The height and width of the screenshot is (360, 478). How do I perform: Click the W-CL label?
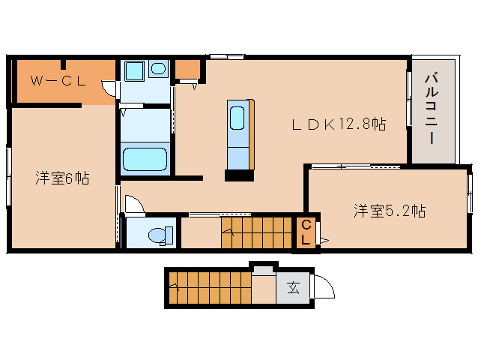coord(58,81)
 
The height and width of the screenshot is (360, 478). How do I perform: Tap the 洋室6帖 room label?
coord(62,178)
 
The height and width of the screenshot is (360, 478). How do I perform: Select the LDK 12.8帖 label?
coord(339,124)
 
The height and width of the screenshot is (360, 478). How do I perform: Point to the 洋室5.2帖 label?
coord(390,211)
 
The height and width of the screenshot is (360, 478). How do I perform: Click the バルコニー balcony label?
coord(432,109)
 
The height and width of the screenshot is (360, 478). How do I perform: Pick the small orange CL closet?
coord(306,232)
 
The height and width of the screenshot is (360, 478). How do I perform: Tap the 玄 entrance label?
coord(293,288)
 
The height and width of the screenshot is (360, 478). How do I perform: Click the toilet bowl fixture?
coord(160,235)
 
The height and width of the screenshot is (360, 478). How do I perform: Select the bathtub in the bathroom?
coord(145,159)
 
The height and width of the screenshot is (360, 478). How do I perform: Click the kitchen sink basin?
coord(237,118)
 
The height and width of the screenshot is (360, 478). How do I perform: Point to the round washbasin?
coord(158,69)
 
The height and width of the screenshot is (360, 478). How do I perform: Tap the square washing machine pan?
coord(134,70)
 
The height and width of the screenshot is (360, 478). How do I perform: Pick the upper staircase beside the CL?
coord(256,232)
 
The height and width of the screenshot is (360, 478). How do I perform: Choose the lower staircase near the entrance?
coord(210,288)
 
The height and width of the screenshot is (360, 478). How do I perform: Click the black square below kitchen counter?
coord(239,175)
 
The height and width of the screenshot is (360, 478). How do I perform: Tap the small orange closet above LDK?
coord(187,69)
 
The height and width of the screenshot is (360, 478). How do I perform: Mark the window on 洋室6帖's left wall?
coord(9,177)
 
